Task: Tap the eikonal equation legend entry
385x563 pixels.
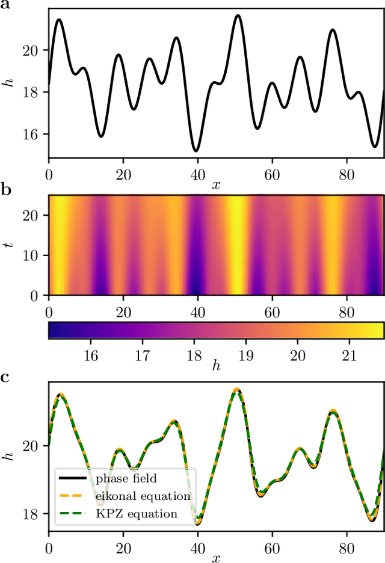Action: coord(143,496)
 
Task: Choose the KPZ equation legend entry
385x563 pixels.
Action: coord(137,513)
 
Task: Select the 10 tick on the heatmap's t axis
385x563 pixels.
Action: coord(35,255)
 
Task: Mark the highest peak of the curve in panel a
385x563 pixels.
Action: coord(238,15)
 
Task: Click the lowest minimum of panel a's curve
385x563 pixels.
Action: coord(196,151)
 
